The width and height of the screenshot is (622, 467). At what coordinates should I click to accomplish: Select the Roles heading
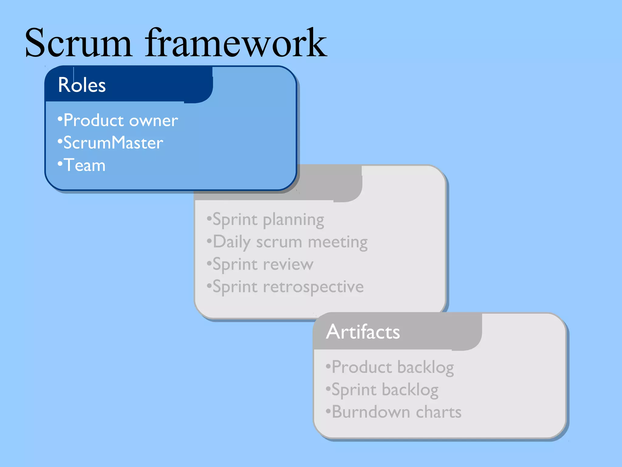coord(82,85)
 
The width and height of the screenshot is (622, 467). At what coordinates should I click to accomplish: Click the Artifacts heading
coord(363,332)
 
